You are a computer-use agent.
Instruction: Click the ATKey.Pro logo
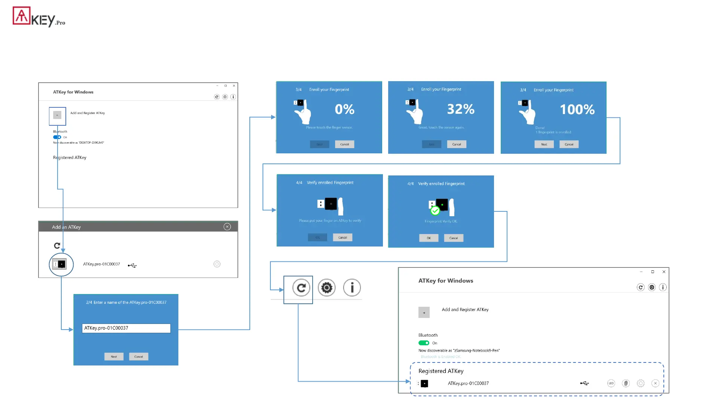(39, 17)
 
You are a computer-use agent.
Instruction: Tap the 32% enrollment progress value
(461, 109)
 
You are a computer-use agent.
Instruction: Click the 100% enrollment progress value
(577, 110)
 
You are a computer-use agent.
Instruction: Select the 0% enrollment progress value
(344, 109)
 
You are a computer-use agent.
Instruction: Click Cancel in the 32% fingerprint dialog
(457, 144)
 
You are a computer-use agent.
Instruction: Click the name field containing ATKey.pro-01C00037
(126, 328)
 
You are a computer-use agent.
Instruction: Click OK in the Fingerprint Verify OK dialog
(429, 238)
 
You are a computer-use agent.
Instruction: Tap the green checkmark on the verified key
(435, 211)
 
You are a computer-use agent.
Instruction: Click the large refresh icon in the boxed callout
(301, 288)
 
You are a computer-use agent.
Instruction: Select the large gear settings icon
(326, 288)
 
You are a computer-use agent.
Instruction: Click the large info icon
(352, 288)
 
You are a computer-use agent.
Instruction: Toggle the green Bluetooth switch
(424, 343)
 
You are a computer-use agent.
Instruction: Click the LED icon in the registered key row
(611, 383)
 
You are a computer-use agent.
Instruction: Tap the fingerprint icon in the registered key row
(626, 383)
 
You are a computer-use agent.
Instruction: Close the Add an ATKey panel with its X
(227, 227)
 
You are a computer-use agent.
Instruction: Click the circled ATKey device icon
(61, 264)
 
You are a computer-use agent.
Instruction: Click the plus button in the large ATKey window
(424, 313)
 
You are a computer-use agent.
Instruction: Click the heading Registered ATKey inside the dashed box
(441, 371)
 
